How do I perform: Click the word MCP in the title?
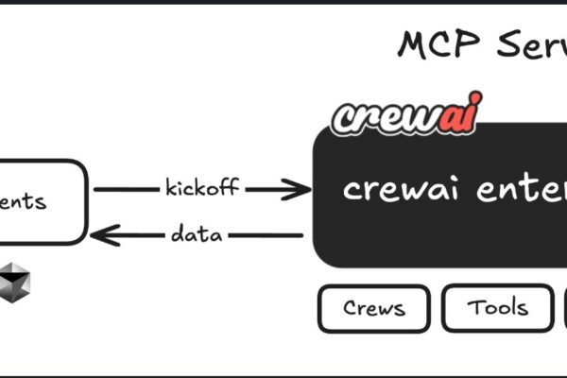click(434, 43)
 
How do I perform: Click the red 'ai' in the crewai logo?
click(456, 115)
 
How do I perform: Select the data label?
click(197, 233)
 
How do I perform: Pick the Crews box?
click(373, 308)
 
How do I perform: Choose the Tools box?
click(497, 308)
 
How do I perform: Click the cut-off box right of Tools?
click(564, 308)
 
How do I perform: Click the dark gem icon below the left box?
click(15, 281)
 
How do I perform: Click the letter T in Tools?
click(472, 307)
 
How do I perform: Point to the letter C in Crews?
click(349, 308)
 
